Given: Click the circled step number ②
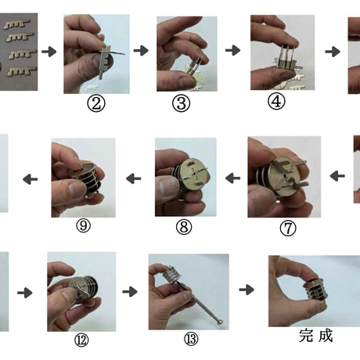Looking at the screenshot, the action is tap(96, 103).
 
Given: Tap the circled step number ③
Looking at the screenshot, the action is tap(181, 103).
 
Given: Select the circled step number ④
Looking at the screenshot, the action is tap(276, 102).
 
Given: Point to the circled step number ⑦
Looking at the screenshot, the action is tap(288, 229).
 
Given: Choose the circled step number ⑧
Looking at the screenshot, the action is tap(184, 227).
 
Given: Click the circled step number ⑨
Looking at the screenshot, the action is tap(83, 225).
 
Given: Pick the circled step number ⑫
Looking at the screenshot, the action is tap(81, 340).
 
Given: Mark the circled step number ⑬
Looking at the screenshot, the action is tap(191, 339).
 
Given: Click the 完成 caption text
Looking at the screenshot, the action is tap(315, 336).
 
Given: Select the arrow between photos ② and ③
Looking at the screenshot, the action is tap(141, 50).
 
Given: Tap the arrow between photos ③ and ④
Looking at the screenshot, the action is tap(232, 50).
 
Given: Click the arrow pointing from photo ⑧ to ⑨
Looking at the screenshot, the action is tap(134, 179).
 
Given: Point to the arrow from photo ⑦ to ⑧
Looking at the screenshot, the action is tap(232, 178).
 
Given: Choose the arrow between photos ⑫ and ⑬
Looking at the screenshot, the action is tap(130, 291).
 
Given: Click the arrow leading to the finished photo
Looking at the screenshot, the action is tap(247, 290).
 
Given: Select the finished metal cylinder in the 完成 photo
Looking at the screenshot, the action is tap(315, 290).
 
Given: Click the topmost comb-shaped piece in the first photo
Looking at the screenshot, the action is tap(17, 24).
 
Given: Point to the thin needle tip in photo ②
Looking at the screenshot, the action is tap(124, 54).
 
